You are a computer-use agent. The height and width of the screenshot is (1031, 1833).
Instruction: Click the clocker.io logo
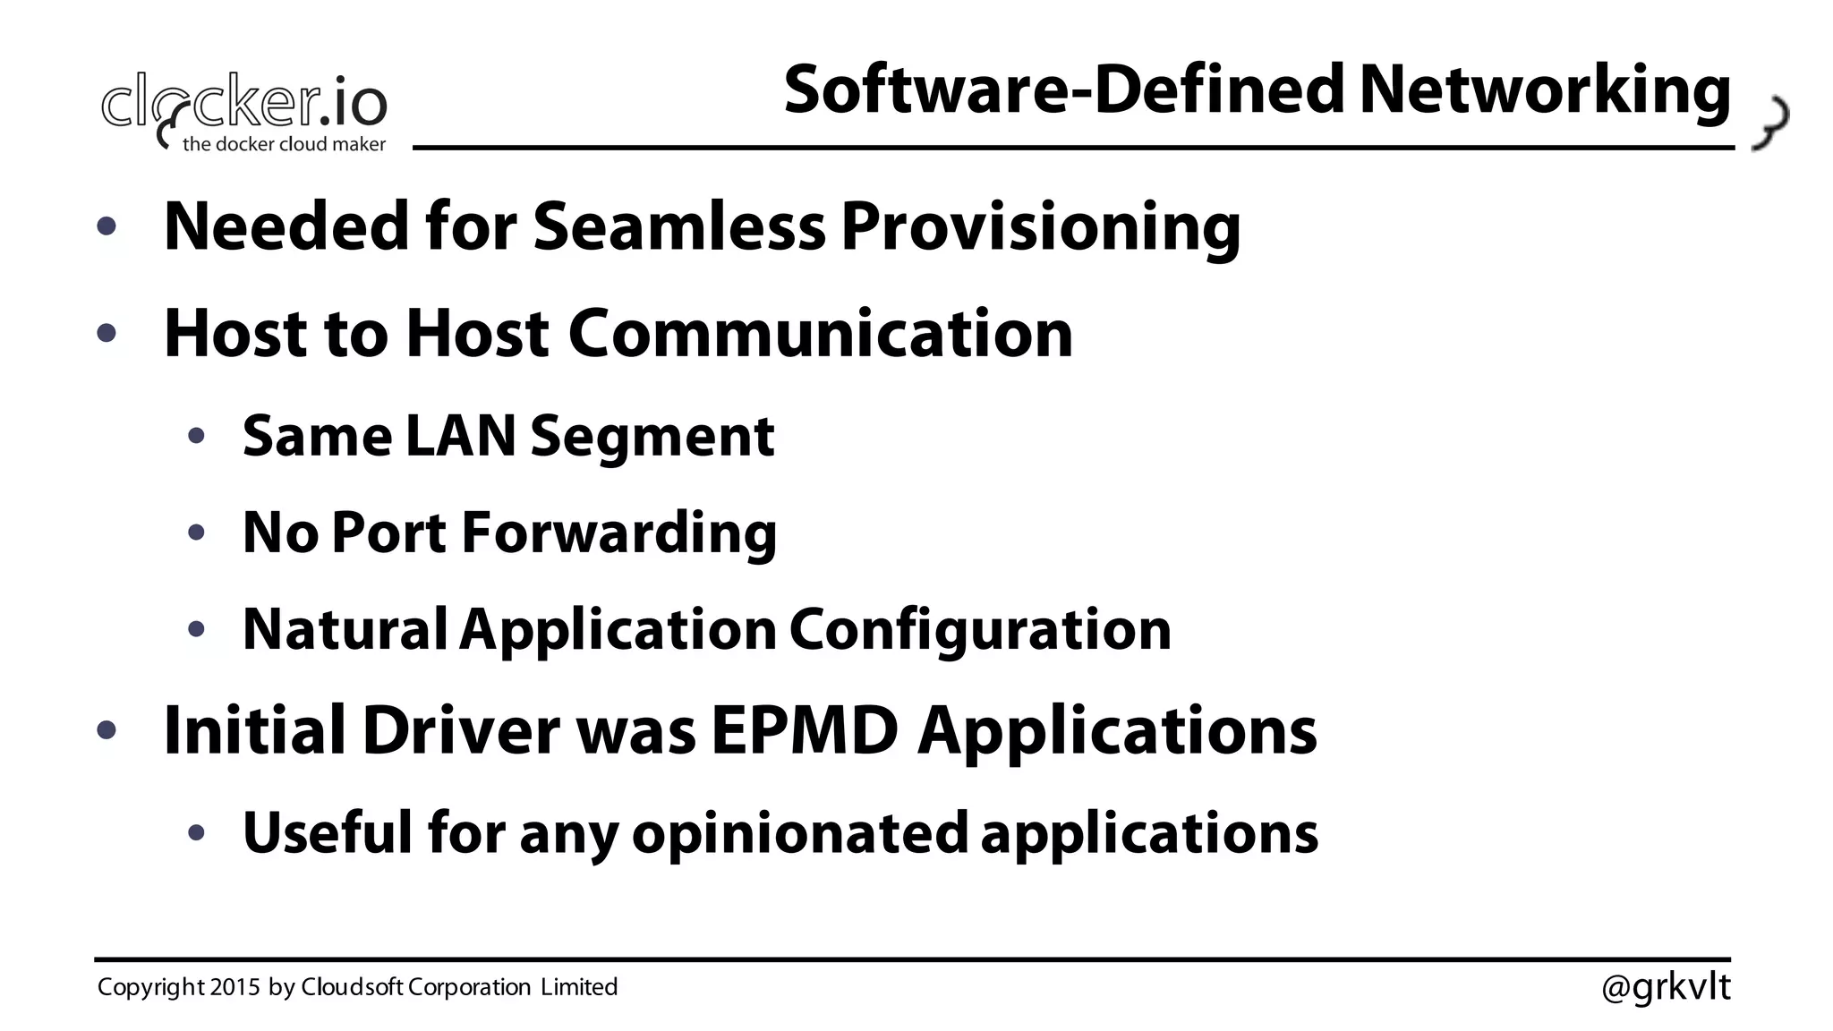(243, 107)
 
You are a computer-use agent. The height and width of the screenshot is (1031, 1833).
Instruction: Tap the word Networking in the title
(1545, 91)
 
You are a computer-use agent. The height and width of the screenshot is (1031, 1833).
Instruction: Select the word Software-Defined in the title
(1064, 89)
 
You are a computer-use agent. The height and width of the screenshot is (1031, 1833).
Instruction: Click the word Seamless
(679, 226)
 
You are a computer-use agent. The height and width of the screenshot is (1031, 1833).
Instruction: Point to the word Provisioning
(1040, 228)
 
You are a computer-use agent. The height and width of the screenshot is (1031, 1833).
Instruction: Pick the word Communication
(820, 333)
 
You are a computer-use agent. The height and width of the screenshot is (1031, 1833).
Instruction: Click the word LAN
(461, 436)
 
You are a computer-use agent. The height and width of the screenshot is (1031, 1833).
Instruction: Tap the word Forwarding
(618, 533)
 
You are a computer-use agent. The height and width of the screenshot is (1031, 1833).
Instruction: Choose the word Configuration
(980, 630)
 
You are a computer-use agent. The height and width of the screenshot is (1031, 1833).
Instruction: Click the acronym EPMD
(805, 730)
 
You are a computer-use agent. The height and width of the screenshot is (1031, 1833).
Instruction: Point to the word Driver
(461, 730)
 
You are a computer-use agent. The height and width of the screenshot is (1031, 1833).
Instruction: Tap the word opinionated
(800, 833)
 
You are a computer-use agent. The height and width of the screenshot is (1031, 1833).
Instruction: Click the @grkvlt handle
(1666, 987)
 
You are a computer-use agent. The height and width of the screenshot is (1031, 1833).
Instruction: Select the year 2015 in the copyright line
(234, 987)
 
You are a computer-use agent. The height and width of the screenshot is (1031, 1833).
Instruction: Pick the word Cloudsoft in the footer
(353, 987)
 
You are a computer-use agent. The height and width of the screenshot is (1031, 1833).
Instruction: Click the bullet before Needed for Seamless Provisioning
(107, 226)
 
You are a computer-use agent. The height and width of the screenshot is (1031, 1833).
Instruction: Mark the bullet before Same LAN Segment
(197, 437)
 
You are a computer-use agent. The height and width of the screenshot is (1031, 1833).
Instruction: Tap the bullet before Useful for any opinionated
(197, 833)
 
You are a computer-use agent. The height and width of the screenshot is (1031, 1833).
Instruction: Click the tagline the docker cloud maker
(284, 144)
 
